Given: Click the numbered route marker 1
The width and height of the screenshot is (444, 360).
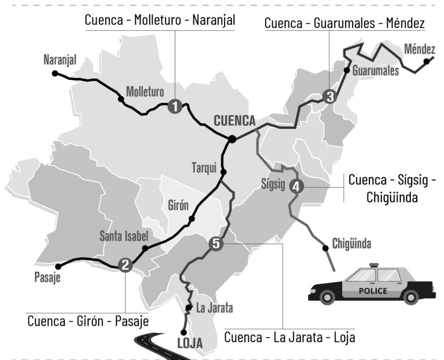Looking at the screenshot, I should (x=174, y=106).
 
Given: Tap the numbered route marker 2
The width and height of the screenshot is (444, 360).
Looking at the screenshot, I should (x=125, y=264).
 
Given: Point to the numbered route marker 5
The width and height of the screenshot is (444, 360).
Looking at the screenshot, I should (x=216, y=244).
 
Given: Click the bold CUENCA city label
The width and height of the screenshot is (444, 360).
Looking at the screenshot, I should (x=235, y=120).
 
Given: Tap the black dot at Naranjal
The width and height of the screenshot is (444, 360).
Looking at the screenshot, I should (x=55, y=73).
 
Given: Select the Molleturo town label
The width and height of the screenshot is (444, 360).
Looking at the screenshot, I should (x=145, y=91).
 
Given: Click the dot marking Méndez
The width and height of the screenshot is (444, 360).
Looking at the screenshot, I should (x=427, y=62).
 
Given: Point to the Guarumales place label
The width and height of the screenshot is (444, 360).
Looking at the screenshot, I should (x=375, y=71).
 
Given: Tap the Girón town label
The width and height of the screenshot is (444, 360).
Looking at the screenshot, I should (x=178, y=205).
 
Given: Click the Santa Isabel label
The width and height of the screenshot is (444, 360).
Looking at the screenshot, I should (x=124, y=236).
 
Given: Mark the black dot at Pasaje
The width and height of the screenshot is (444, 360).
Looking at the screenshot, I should (x=59, y=266).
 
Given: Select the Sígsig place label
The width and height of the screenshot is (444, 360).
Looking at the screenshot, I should (x=273, y=184).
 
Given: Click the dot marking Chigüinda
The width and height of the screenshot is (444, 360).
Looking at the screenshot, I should (x=325, y=248).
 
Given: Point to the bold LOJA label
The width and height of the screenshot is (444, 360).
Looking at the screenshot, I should (x=190, y=344).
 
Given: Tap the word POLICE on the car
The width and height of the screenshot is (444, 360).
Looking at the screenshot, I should (x=373, y=291).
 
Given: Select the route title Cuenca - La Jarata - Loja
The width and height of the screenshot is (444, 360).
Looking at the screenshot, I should (x=290, y=337).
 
